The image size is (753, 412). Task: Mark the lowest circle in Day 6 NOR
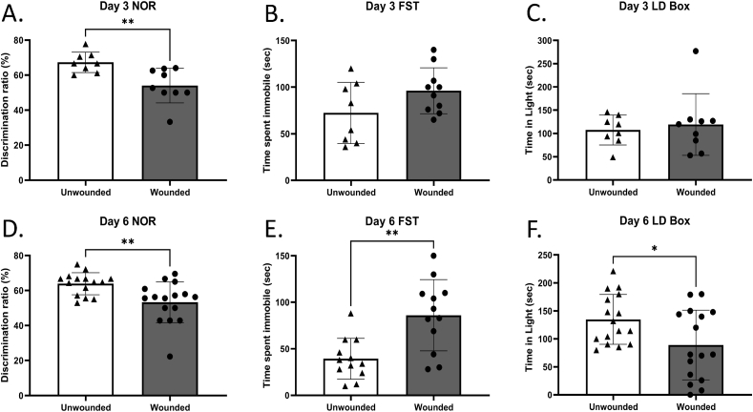click(x=169, y=357)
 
